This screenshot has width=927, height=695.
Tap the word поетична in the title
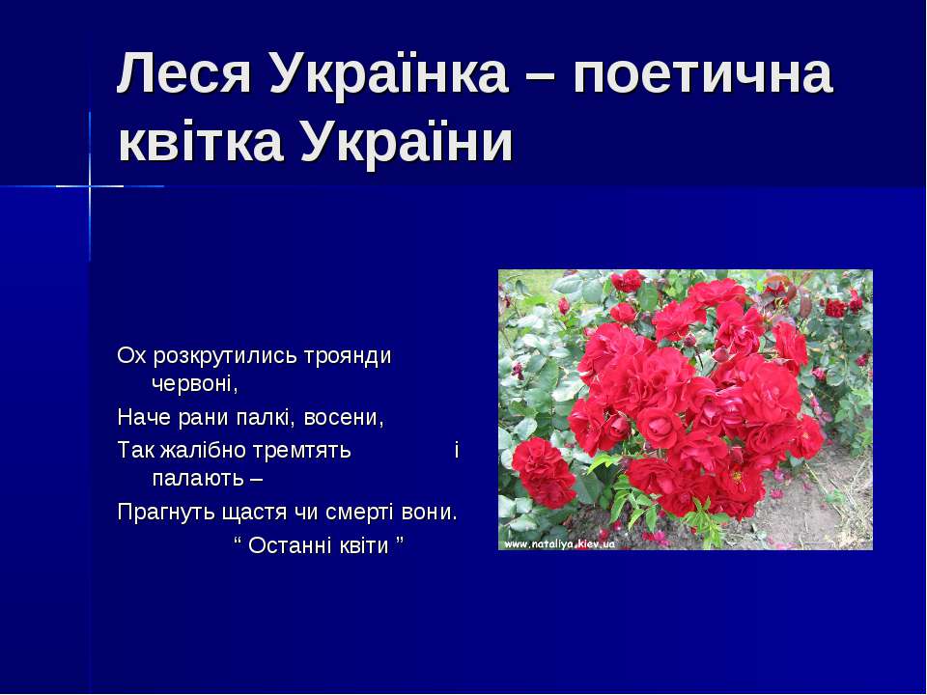pyautogui.click(x=703, y=73)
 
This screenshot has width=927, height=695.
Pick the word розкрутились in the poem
pyautogui.click(x=226, y=357)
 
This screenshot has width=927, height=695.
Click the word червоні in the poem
pyautogui.click(x=195, y=385)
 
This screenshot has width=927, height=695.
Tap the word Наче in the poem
pyautogui.click(x=144, y=418)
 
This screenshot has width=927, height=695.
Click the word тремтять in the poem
pyautogui.click(x=302, y=452)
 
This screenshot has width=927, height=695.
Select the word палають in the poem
pyautogui.click(x=198, y=479)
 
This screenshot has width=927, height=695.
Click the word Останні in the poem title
pyautogui.click(x=290, y=544)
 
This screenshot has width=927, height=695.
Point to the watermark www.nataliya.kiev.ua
pyautogui.click(x=559, y=543)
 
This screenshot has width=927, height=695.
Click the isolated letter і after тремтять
pyautogui.click(x=457, y=451)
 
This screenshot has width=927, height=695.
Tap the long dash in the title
pyautogui.click(x=541, y=77)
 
